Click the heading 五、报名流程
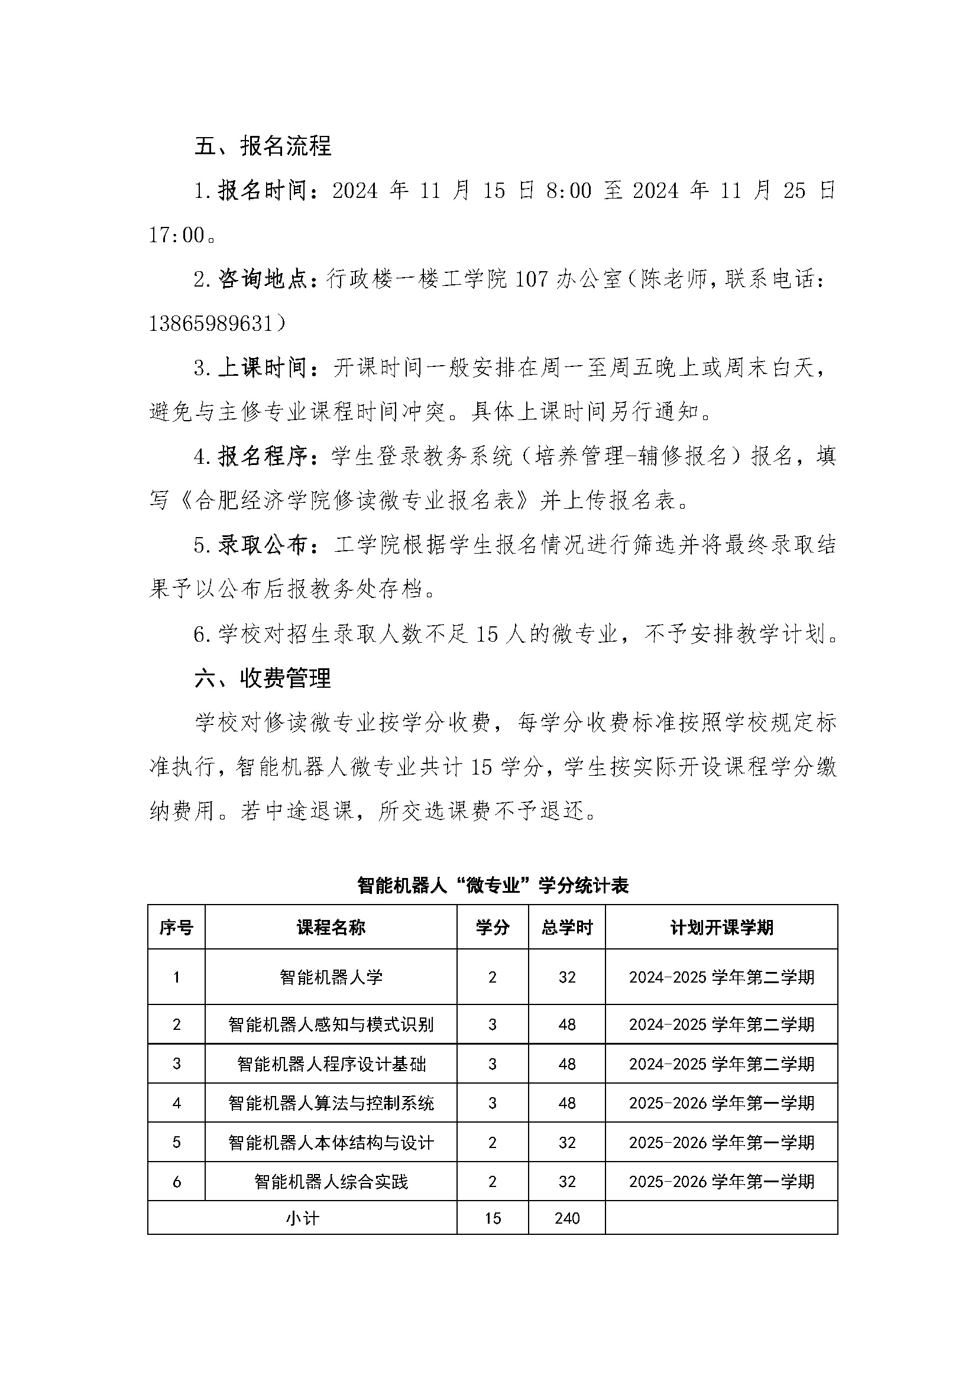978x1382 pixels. (263, 147)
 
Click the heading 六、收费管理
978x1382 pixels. (263, 678)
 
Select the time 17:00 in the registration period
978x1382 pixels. (177, 235)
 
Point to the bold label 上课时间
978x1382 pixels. (263, 368)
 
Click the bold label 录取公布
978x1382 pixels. (263, 545)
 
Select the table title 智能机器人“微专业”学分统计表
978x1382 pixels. (493, 886)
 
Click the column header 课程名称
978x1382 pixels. (331, 928)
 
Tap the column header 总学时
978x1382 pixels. (566, 928)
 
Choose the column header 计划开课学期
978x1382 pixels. (721, 928)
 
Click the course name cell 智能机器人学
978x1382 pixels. (331, 977)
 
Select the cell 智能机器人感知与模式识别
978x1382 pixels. (331, 1025)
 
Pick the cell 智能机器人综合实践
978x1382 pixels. (331, 1182)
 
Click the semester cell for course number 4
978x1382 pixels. (721, 1103)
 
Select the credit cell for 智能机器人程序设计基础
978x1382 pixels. (493, 1064)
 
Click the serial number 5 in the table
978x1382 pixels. (176, 1142)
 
